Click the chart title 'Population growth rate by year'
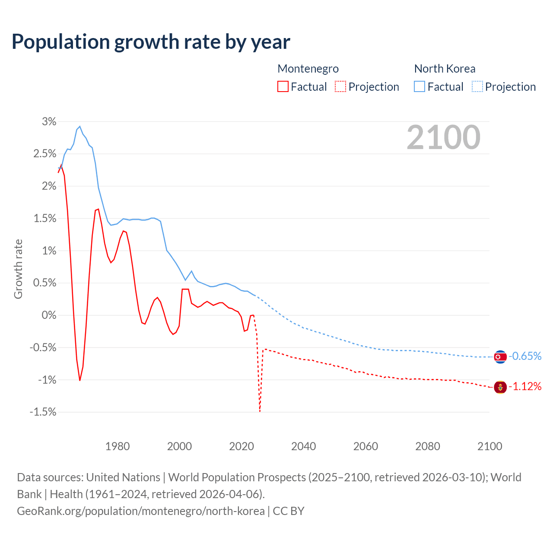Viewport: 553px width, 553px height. point(151,42)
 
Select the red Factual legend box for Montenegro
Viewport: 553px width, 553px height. point(283,86)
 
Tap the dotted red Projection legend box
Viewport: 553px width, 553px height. point(340,86)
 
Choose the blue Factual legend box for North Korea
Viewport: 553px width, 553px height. point(420,86)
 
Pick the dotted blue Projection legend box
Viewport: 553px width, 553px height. point(477,86)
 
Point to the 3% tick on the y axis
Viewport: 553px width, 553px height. point(49,122)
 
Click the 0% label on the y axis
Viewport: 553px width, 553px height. point(49,315)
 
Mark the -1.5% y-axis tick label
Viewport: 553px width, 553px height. point(43,412)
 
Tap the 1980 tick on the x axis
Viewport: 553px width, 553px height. point(118,446)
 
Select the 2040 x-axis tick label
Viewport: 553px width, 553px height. point(303,446)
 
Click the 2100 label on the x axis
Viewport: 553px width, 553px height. point(489,446)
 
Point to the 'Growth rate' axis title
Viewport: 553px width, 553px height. point(18,269)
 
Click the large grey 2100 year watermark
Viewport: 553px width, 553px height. point(443,137)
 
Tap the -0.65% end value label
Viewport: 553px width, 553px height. point(525,356)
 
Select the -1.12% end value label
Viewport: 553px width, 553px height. point(525,387)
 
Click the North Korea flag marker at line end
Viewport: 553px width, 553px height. point(500,357)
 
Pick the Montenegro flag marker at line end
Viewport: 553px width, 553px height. point(500,387)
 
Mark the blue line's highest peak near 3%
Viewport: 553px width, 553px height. point(80,127)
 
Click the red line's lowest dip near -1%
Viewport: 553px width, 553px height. point(80,380)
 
